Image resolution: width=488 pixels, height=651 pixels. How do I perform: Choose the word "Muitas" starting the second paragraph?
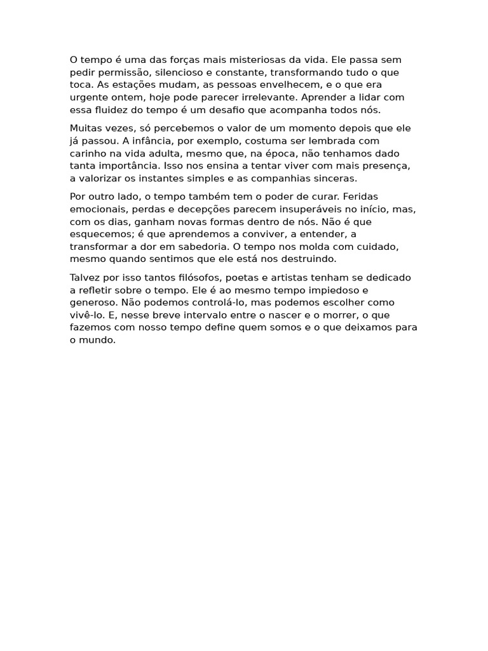[85, 128]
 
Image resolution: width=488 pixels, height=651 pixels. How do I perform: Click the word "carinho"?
[87, 153]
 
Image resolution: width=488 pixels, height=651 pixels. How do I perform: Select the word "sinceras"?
[336, 179]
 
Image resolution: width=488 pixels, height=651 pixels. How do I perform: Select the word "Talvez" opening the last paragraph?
[85, 277]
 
